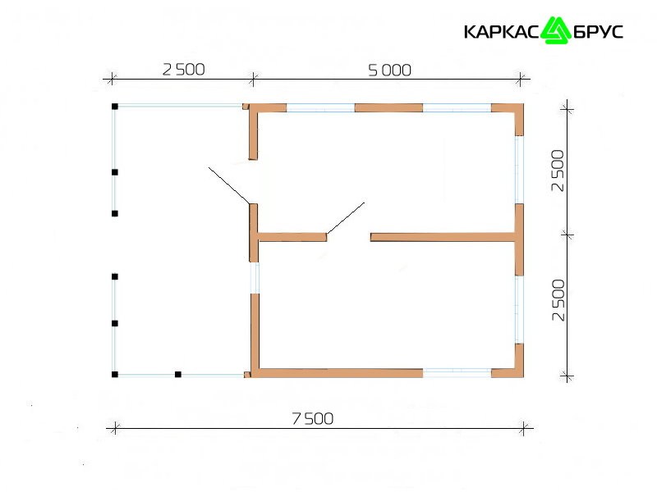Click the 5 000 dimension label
tap(389, 71)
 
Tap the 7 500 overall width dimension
tap(313, 418)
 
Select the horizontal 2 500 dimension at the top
tap(183, 70)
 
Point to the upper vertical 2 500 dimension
tap(558, 171)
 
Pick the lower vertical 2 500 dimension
tap(558, 300)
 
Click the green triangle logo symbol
tap(556, 30)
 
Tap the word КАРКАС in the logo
tap(501, 32)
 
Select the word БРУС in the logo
tap(598, 32)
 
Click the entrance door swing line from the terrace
tap(229, 186)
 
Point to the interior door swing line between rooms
tap(346, 218)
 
